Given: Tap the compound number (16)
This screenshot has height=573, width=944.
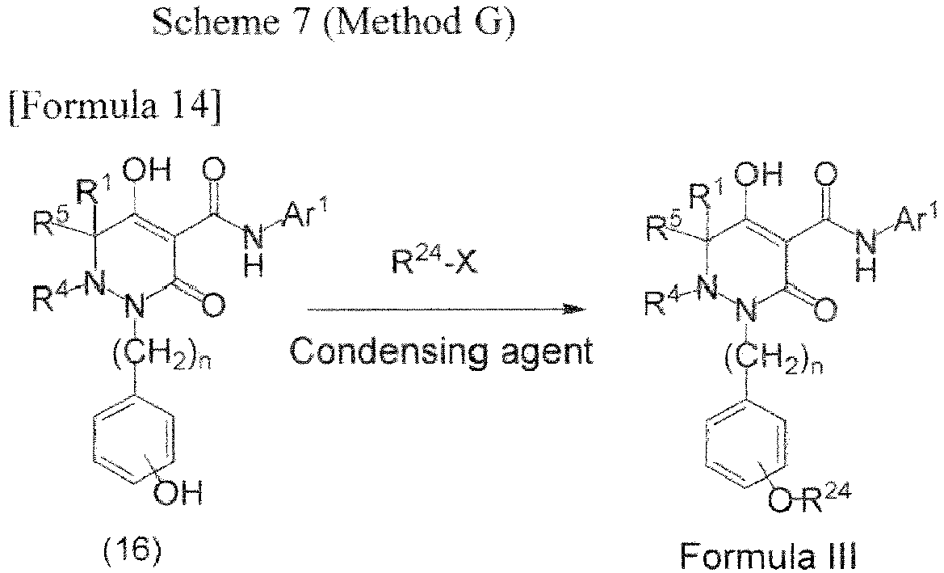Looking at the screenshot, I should point(132,551).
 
